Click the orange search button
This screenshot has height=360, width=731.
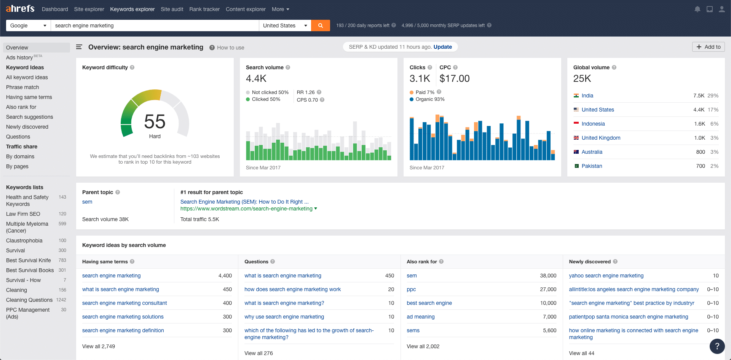pos(320,25)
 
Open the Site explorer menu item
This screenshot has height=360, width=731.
pos(89,9)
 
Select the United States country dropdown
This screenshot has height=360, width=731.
pos(285,25)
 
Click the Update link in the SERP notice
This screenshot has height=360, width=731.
pos(442,47)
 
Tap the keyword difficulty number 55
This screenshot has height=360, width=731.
pos(155,122)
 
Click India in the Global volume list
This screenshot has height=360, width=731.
pos(587,96)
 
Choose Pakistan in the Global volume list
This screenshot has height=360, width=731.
pos(592,166)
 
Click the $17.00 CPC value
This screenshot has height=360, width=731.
pos(454,78)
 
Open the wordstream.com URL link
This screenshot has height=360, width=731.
pos(246,209)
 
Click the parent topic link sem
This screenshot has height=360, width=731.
pos(87,202)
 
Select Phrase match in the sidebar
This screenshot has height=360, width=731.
pos(22,87)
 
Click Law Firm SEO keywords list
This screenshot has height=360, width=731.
pos(23,214)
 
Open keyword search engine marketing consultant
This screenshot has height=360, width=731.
pos(124,303)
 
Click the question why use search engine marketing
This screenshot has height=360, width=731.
pos(284,317)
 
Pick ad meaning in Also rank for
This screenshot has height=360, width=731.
pos(420,317)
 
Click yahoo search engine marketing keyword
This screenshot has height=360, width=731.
pos(606,276)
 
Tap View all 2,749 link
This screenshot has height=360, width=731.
pos(99,346)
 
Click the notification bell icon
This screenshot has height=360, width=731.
pos(697,9)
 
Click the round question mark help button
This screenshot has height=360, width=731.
pos(717,346)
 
